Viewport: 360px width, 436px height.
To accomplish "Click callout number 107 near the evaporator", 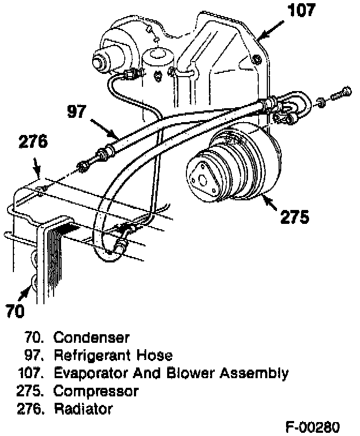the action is (302, 10).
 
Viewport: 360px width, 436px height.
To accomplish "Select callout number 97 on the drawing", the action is (77, 111).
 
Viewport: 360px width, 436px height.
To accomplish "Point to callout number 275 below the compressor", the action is (295, 216).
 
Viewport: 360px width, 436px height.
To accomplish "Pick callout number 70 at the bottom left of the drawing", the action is (16, 311).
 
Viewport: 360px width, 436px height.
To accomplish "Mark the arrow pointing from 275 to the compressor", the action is (268, 203).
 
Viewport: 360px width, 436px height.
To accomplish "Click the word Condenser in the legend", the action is (91, 337).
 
